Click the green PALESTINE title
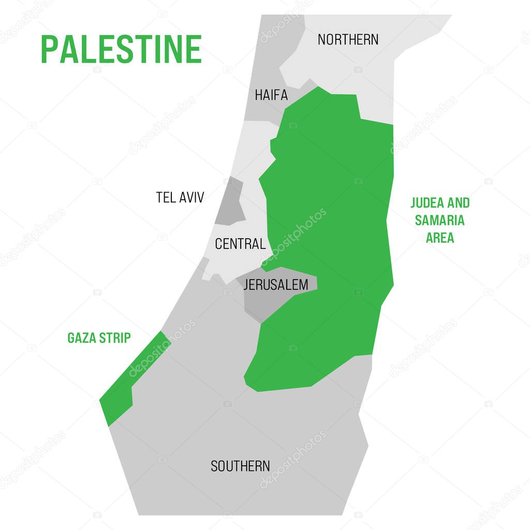pos(121,49)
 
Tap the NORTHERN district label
pos(348,39)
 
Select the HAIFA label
pos(271,95)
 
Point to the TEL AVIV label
pos(180,197)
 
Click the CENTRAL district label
pos(240,244)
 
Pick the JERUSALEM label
pos(275,285)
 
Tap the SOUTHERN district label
pos(240,466)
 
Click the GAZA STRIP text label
pos(99,338)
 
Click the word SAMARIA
pos(439,220)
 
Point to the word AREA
pos(440,238)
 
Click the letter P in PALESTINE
pos(49,49)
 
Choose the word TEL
pos(165,197)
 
